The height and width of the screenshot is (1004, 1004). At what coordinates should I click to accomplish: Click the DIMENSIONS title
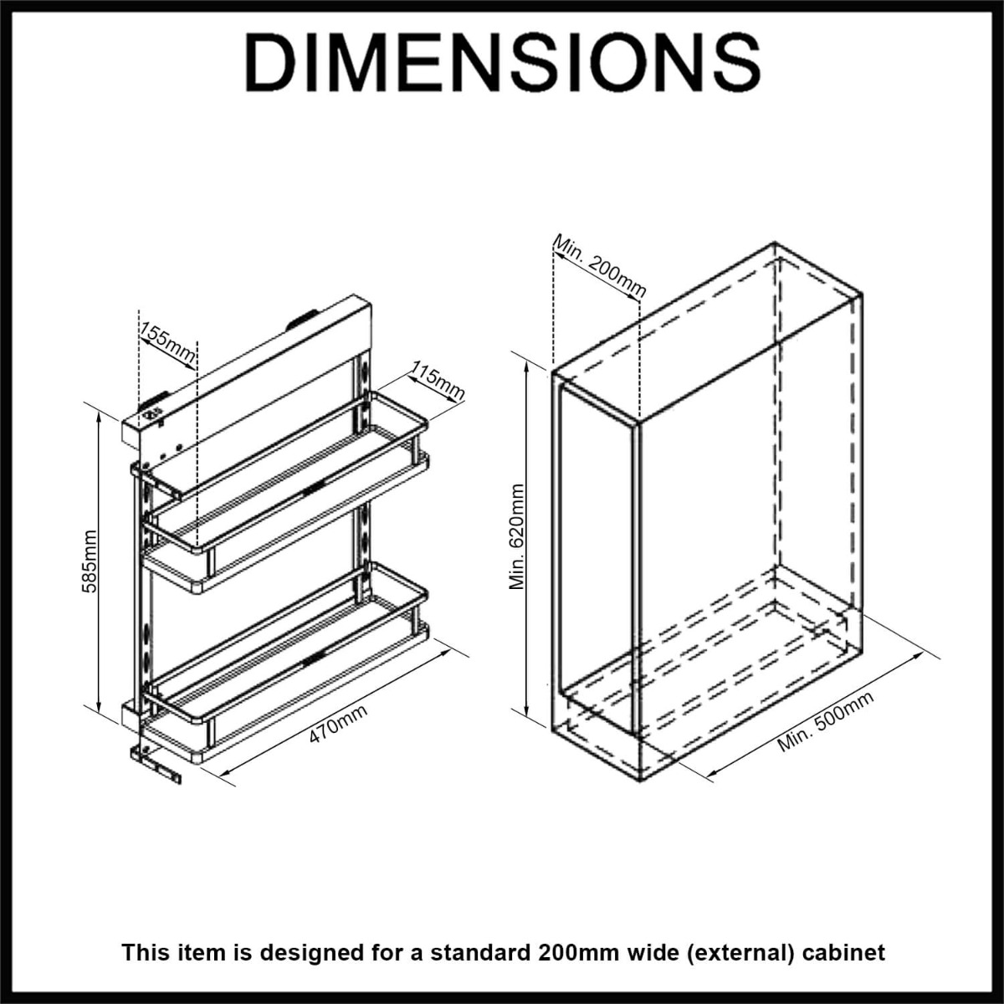502,63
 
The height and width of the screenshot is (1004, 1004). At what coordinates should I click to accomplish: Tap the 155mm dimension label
168,343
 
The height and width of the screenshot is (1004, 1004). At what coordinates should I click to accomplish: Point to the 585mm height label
90,561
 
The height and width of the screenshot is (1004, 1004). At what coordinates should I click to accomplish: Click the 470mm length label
339,724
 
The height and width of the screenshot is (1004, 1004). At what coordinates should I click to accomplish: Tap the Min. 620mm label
517,537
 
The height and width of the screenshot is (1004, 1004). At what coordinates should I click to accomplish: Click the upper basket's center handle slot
313,488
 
